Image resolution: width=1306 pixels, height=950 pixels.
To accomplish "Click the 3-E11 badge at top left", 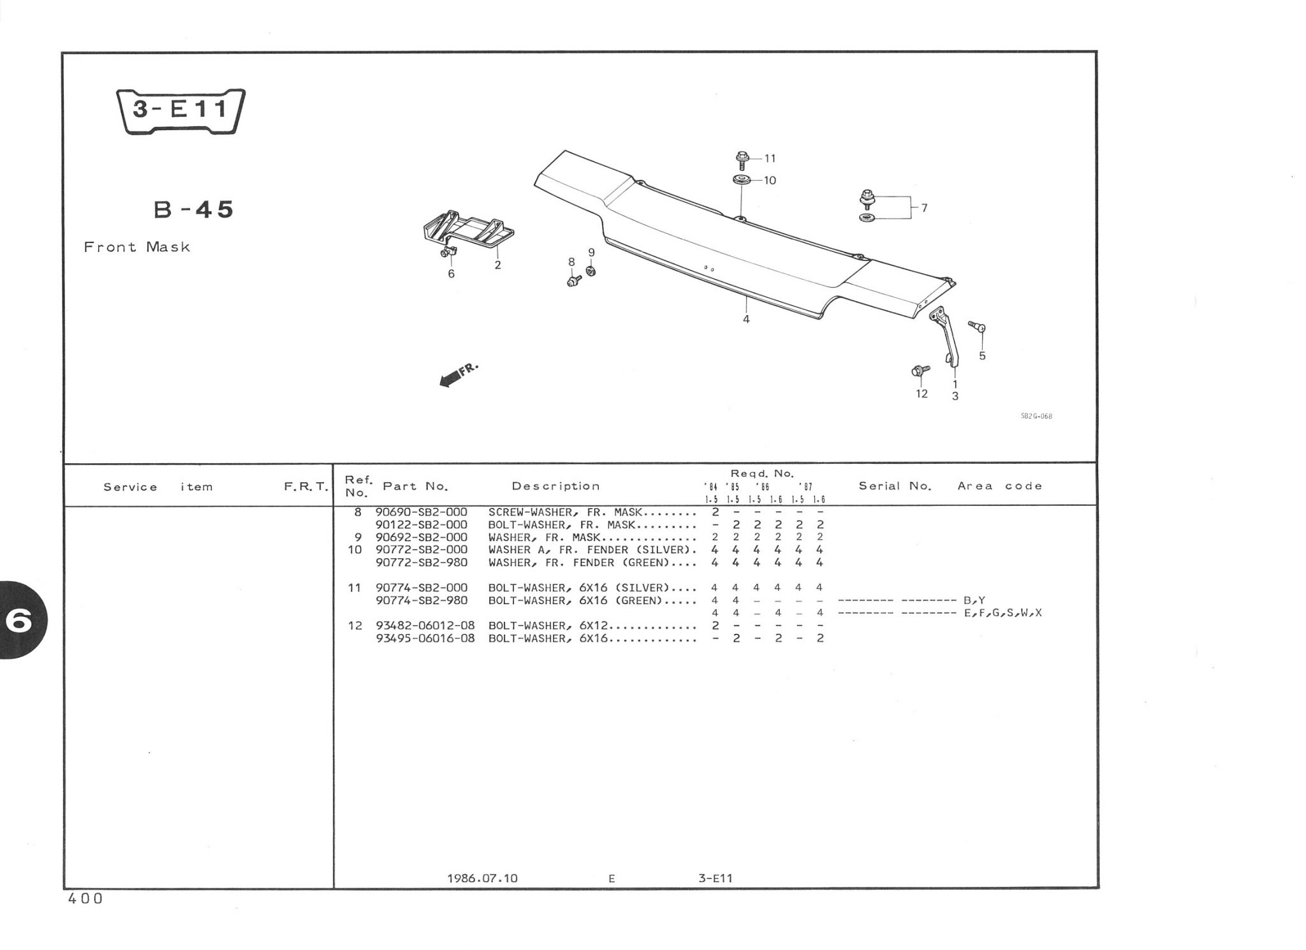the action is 180,111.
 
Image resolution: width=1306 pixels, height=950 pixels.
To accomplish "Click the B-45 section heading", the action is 194,210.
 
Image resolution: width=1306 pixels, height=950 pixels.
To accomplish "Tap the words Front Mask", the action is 137,247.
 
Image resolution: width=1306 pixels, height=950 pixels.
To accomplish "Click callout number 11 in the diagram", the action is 770,158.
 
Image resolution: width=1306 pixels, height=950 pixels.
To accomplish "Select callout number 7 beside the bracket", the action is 924,207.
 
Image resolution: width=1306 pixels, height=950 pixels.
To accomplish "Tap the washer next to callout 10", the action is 741,179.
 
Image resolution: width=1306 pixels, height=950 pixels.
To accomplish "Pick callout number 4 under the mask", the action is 746,319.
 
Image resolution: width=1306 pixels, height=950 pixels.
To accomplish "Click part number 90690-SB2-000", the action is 422,512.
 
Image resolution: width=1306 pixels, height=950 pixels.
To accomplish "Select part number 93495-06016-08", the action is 425,638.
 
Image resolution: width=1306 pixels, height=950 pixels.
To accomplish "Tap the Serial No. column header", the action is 895,486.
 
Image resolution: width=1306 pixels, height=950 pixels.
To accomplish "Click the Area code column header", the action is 999,486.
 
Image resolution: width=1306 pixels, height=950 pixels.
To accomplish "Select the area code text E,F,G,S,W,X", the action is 1003,613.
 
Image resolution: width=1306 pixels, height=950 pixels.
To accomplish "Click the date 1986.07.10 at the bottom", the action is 483,879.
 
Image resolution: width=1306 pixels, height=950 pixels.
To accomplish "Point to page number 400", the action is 85,899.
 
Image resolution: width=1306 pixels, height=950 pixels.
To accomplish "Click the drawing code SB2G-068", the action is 1036,417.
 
